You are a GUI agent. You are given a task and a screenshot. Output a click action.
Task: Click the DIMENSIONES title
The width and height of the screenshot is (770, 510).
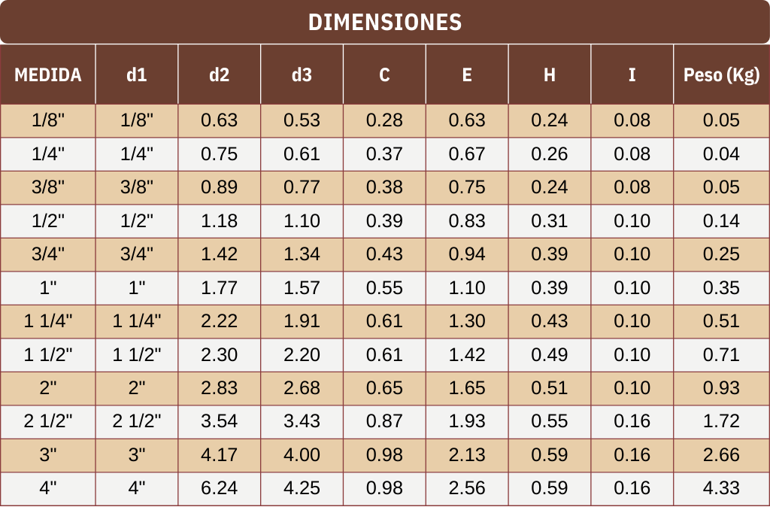[384, 22]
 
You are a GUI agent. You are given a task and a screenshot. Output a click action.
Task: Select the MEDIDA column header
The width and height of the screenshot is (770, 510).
[48, 74]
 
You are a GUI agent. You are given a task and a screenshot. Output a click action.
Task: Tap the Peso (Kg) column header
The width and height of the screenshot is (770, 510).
[721, 74]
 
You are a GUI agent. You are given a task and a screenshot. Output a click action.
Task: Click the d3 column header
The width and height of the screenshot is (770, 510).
[302, 74]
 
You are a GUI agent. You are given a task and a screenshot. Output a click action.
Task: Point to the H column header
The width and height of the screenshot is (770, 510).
[550, 74]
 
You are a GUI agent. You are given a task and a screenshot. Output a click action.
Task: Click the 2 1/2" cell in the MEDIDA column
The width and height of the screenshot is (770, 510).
[48, 421]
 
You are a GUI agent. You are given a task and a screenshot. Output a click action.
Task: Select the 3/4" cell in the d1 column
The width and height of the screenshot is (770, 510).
[137, 254]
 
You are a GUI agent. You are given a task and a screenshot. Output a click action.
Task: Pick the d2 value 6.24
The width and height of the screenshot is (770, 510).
[220, 488]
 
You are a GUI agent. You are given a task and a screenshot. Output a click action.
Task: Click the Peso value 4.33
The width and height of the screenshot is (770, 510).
[721, 488]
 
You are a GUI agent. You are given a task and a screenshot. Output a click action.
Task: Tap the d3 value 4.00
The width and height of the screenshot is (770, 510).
[302, 455]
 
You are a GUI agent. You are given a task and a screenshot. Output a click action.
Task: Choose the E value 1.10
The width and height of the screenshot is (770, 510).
[467, 287]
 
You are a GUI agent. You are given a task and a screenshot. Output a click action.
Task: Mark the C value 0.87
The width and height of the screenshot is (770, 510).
[384, 421]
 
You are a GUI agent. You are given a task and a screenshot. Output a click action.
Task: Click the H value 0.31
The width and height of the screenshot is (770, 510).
[550, 221]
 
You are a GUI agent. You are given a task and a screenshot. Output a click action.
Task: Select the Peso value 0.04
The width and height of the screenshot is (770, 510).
[721, 154]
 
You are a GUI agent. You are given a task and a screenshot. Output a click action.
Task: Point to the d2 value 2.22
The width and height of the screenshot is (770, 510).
[220, 321]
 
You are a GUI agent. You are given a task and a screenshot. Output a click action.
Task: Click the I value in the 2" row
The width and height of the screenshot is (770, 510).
[632, 388]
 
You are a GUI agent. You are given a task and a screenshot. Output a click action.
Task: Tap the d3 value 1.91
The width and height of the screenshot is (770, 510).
[302, 321]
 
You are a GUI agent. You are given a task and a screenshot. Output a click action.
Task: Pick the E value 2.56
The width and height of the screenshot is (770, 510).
[467, 488]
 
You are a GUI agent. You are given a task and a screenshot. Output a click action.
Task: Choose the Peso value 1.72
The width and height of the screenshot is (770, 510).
[721, 421]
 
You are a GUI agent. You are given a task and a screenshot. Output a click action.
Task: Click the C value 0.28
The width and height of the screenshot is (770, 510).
[384, 120]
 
